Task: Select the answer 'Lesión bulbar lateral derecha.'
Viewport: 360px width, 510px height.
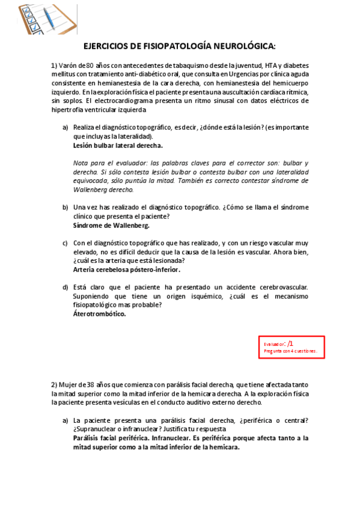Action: click(118, 146)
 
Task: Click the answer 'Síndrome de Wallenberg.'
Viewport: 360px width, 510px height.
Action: click(111, 226)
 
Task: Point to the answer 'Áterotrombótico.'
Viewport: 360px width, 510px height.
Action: click(99, 314)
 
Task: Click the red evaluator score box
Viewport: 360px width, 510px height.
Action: click(291, 347)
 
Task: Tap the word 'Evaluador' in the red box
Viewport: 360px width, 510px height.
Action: click(274, 345)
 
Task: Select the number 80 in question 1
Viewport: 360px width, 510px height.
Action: click(90, 65)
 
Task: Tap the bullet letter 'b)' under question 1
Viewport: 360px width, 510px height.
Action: click(66, 207)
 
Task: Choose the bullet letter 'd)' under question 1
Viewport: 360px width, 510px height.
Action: click(66, 287)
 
